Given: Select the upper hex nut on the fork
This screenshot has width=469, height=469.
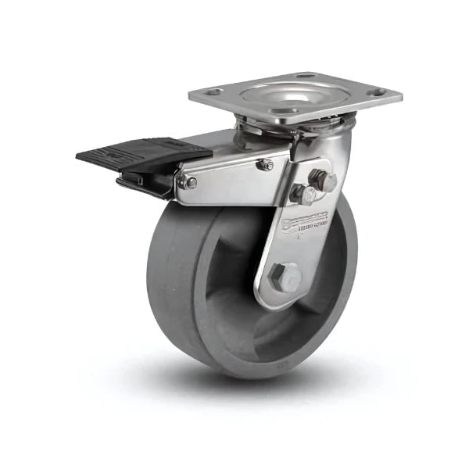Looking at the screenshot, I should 322,181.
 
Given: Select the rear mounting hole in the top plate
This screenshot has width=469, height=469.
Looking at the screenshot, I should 306,76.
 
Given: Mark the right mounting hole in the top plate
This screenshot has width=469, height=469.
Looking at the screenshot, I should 378,92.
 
